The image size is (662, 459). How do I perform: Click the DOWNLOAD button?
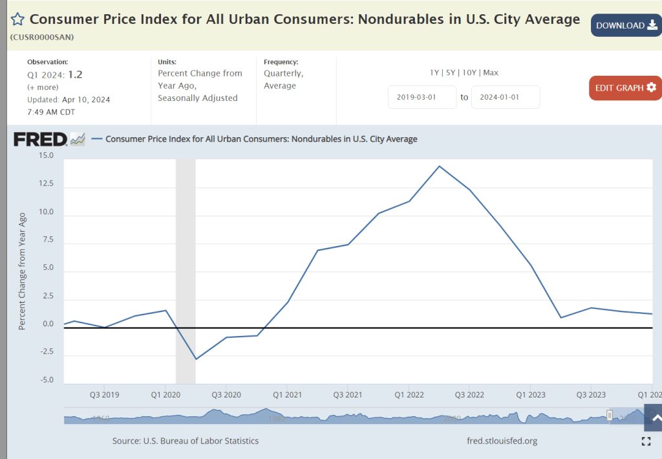(x=626, y=25)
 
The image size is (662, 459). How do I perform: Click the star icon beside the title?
(x=17, y=19)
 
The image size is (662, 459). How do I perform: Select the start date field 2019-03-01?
(x=422, y=97)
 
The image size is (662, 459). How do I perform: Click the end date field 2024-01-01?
(x=505, y=97)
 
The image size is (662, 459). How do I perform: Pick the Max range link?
(x=491, y=73)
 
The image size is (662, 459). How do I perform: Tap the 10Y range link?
(x=469, y=73)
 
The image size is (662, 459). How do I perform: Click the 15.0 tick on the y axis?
(x=46, y=155)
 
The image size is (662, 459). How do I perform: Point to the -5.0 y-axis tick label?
(x=46, y=380)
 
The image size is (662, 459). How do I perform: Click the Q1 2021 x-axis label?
(x=287, y=394)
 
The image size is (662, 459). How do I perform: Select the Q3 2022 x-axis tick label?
(x=470, y=394)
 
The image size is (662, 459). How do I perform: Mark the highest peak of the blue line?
(x=440, y=166)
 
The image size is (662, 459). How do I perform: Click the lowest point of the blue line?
(x=196, y=359)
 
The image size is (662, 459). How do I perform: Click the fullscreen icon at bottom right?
(x=645, y=442)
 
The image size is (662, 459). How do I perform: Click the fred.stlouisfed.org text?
(x=502, y=441)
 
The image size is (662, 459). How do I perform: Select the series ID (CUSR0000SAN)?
(x=42, y=37)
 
